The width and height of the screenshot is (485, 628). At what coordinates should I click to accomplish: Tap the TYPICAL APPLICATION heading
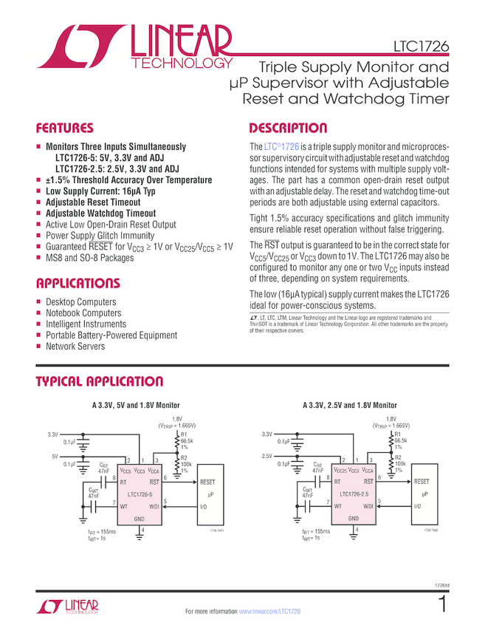coord(100,382)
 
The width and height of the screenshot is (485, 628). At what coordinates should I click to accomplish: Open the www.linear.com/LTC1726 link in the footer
coord(269,612)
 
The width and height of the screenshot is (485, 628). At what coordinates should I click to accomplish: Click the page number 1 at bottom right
coord(441,605)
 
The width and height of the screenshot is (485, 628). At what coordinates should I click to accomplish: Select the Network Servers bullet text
coord(75,347)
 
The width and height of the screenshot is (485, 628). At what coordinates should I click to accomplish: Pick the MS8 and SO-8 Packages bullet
coord(89,258)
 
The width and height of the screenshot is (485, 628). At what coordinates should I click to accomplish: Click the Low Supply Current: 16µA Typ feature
coord(101,191)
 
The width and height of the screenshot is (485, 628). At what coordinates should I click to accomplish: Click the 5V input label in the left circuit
coord(54,457)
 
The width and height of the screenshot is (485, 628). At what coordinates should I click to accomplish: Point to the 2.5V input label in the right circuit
coord(267,457)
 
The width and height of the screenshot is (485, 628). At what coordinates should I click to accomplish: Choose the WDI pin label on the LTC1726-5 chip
coord(154,505)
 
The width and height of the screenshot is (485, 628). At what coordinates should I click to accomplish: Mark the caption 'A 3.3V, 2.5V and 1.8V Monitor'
coord(349,406)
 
